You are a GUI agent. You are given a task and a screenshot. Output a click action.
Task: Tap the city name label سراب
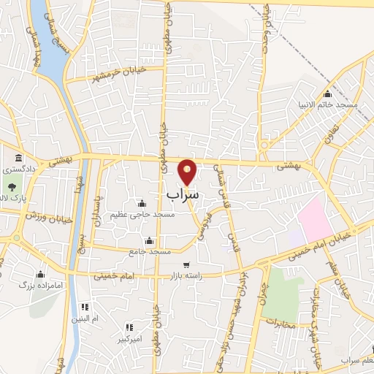[x=182, y=195]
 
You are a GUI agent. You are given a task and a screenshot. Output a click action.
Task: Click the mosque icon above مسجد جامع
[x=149, y=240]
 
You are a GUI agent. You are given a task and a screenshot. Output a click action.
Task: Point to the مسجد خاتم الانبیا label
[x=327, y=105]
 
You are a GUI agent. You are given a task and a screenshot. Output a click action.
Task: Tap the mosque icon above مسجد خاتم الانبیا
[x=327, y=94]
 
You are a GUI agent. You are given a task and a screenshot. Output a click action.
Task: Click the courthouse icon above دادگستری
[x=18, y=159]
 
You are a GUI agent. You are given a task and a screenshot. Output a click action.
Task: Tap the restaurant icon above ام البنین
[x=85, y=307]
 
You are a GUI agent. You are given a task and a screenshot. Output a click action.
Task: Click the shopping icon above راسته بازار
[x=186, y=264]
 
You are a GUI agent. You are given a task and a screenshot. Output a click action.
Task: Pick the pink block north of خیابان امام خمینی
[x=314, y=216]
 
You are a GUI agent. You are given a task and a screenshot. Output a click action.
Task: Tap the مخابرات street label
[x=280, y=323]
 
